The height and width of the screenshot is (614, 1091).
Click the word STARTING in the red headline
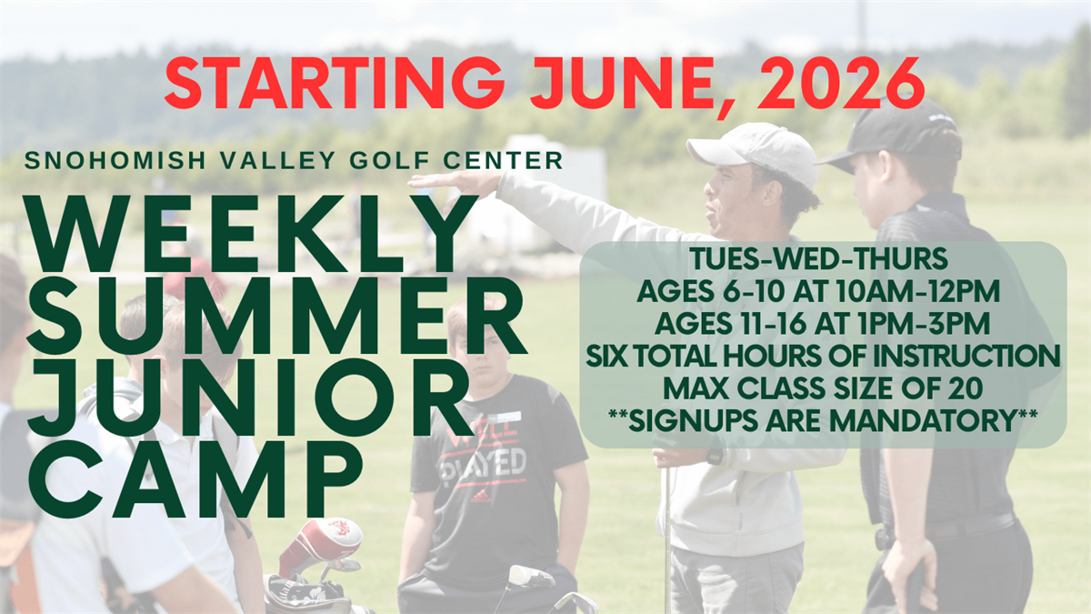tap(335, 84)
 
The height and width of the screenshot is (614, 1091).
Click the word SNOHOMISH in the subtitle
tap(116, 161)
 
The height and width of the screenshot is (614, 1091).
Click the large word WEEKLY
tap(252, 233)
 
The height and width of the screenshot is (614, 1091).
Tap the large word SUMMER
tap(276, 317)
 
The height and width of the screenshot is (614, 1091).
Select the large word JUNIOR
tap(250, 398)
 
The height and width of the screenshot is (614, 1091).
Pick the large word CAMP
tap(195, 479)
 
